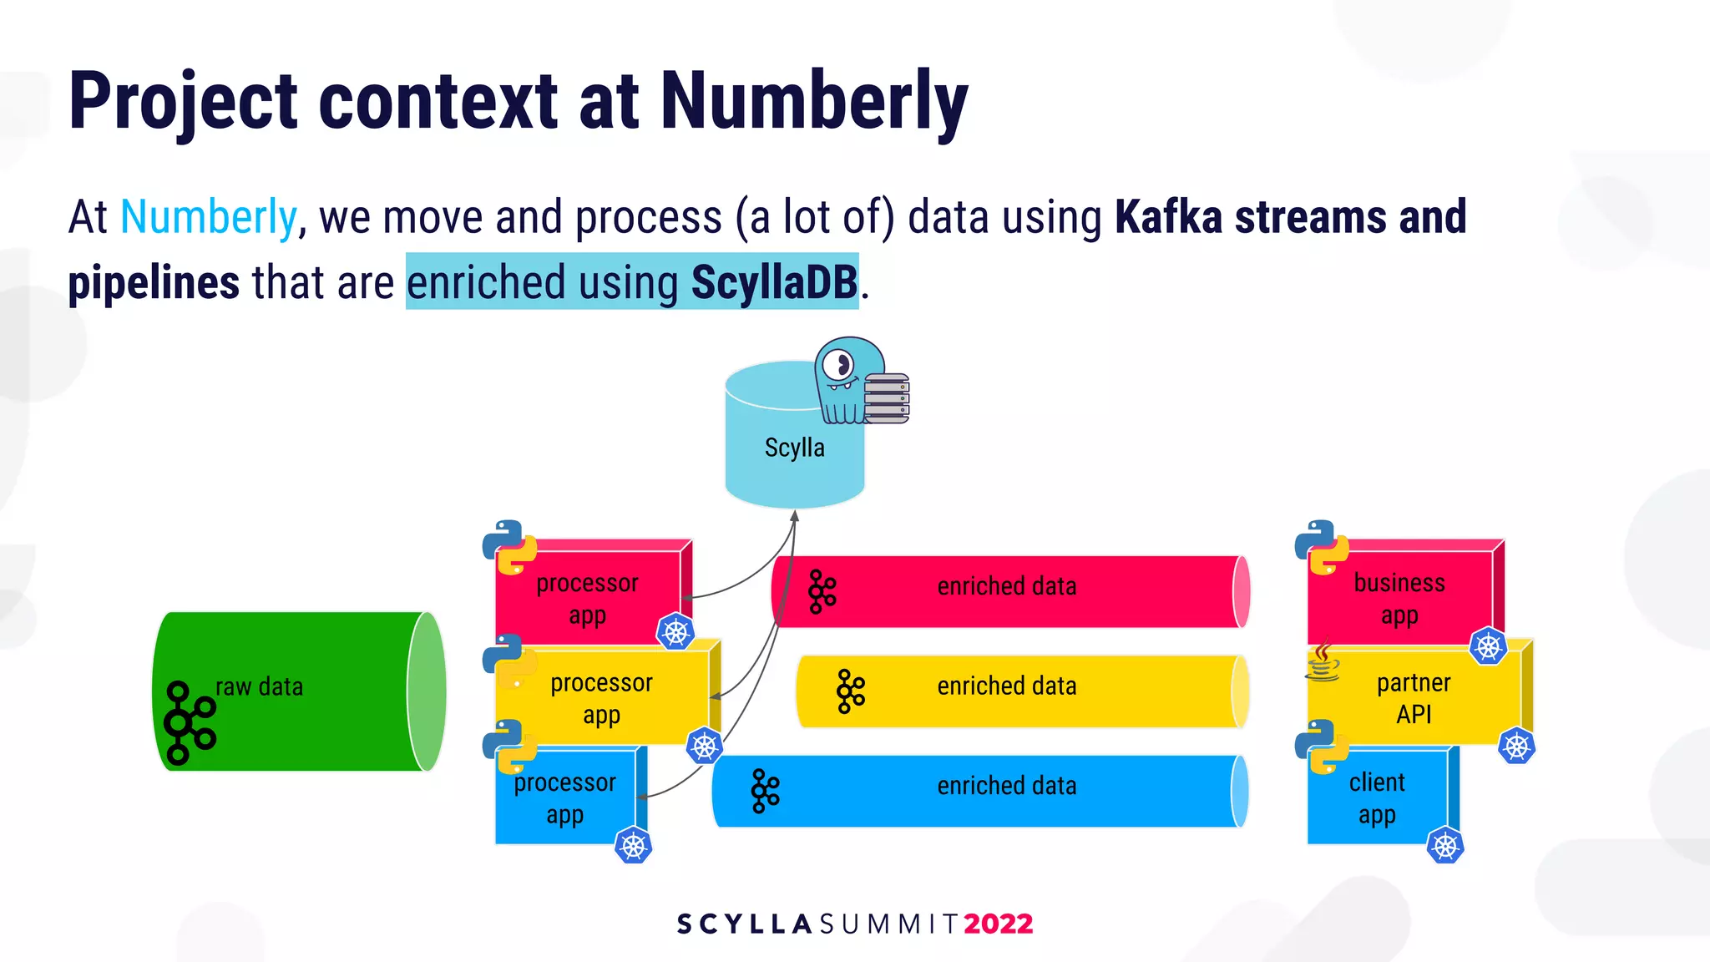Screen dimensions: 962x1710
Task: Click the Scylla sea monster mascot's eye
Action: [x=838, y=365]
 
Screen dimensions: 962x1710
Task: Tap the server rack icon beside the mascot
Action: [x=887, y=398]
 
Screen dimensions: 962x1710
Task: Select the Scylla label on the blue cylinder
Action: [x=794, y=448]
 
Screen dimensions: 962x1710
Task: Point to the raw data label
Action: [x=259, y=687]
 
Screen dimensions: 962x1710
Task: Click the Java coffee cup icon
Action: [x=1323, y=662]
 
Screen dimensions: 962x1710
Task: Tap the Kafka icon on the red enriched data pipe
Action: [x=822, y=592]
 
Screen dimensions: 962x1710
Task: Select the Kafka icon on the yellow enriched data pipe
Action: [x=850, y=691]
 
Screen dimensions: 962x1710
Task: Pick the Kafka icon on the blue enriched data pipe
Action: [x=765, y=791]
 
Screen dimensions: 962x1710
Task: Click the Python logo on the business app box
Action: [x=1322, y=548]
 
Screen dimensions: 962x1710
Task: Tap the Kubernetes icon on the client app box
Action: [x=1444, y=846]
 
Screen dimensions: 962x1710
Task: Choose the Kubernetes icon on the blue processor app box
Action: [x=633, y=846]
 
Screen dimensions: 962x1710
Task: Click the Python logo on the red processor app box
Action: [x=509, y=548]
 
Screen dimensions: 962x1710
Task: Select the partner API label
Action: [x=1414, y=698]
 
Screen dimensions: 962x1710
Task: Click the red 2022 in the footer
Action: [x=999, y=924]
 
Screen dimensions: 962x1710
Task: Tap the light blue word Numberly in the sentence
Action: [x=209, y=217]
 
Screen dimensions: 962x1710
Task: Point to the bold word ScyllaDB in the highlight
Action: [x=774, y=282]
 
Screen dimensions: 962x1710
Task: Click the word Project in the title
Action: [x=183, y=102]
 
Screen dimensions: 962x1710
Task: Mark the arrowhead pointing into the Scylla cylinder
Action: [x=795, y=516]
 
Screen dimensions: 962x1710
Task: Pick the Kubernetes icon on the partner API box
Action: [x=1516, y=747]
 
